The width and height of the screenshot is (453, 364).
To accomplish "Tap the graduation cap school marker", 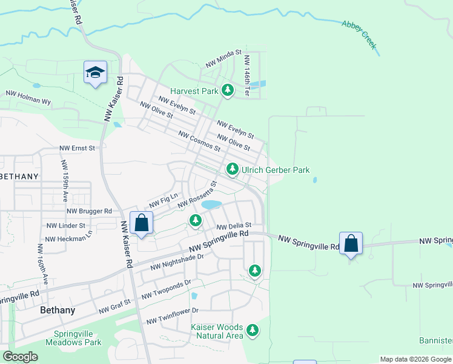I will point(96,73).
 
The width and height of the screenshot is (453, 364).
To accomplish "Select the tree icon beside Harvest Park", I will point(227,91).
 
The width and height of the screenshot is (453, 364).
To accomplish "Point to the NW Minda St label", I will point(223,59).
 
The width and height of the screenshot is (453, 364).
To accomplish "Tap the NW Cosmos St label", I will point(199,141).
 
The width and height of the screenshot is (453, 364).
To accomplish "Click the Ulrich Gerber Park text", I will point(276,170).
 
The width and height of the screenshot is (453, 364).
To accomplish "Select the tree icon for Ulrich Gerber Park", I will point(232,169).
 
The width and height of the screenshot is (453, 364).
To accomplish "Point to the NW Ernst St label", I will point(78,148).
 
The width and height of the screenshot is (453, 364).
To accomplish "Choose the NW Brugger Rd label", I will point(90,211).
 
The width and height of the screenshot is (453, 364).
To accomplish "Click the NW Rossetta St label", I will point(197,196).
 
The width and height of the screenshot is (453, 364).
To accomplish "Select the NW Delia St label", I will point(234,226).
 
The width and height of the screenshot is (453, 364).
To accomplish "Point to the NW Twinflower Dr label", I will point(172,315).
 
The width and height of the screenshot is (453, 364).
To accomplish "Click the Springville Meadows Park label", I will point(77,338).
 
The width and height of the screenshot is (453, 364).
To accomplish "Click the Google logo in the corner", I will point(21,357).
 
